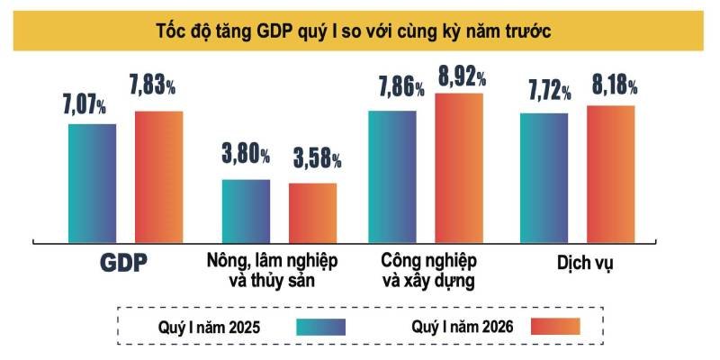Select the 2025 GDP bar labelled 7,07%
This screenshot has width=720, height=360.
click(93, 183)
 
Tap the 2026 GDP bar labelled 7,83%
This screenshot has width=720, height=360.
click(159, 176)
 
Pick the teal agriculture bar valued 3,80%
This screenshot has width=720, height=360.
click(246, 211)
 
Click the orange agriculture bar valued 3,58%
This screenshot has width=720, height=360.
click(312, 212)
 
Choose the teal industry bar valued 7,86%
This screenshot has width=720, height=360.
click(392, 176)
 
